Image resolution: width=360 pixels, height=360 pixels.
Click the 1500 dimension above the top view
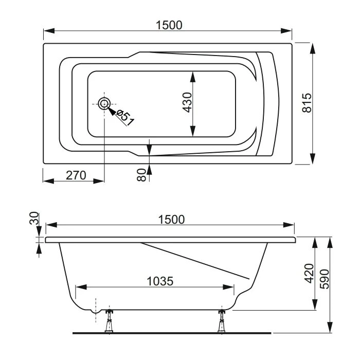[169, 25]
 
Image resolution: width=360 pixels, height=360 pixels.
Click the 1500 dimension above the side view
[171, 220]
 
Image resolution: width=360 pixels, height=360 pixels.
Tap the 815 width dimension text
[307, 103]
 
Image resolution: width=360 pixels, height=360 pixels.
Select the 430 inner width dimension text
[187, 102]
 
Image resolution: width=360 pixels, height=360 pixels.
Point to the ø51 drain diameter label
[125, 118]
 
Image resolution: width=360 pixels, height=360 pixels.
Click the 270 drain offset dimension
[76, 175]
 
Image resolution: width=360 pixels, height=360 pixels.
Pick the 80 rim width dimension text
[141, 175]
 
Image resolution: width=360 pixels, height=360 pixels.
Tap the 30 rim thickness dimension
[34, 218]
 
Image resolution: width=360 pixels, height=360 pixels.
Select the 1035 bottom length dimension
[160, 281]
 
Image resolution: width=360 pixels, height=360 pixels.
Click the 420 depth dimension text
[309, 274]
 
